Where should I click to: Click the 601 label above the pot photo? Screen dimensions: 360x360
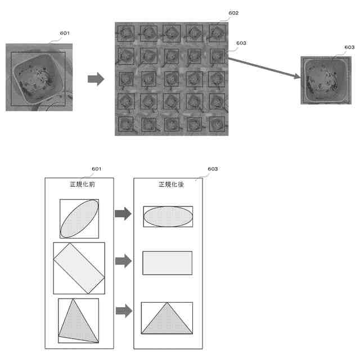tap(65, 33)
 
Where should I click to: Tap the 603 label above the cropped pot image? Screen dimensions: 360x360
tap(349, 47)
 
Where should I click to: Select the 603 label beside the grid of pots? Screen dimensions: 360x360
tap(241, 43)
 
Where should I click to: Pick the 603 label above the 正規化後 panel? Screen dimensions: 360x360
tap(213, 169)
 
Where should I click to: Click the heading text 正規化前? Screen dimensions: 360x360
tap(79, 184)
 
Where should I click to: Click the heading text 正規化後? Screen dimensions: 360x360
tap(168, 184)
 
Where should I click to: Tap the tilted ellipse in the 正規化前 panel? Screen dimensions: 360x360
tap(79, 218)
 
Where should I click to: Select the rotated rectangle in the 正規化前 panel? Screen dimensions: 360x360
tap(79, 268)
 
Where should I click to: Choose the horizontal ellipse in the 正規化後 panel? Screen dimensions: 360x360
tap(168, 217)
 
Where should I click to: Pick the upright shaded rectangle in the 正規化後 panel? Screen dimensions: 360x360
tap(168, 263)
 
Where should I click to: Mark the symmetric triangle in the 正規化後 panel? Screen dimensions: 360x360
tap(167, 321)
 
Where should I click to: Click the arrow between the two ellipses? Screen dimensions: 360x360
tap(123, 214)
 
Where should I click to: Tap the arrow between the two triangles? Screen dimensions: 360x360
tap(123, 311)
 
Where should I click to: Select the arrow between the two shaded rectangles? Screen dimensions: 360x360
tap(123, 261)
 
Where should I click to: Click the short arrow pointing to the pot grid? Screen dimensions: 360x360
tap(96, 79)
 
